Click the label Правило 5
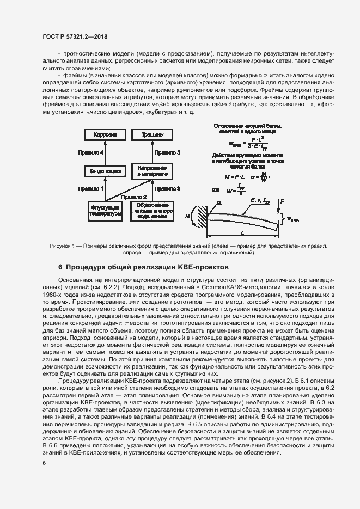click(x=164, y=153)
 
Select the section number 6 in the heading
click(x=60, y=267)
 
